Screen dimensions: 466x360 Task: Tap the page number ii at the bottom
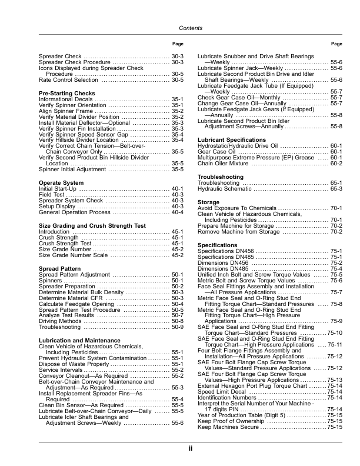(x=191, y=448)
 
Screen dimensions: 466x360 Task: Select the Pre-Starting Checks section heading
(x=66, y=94)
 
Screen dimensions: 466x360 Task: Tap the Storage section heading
(x=208, y=202)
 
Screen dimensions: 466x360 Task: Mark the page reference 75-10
(x=334, y=334)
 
